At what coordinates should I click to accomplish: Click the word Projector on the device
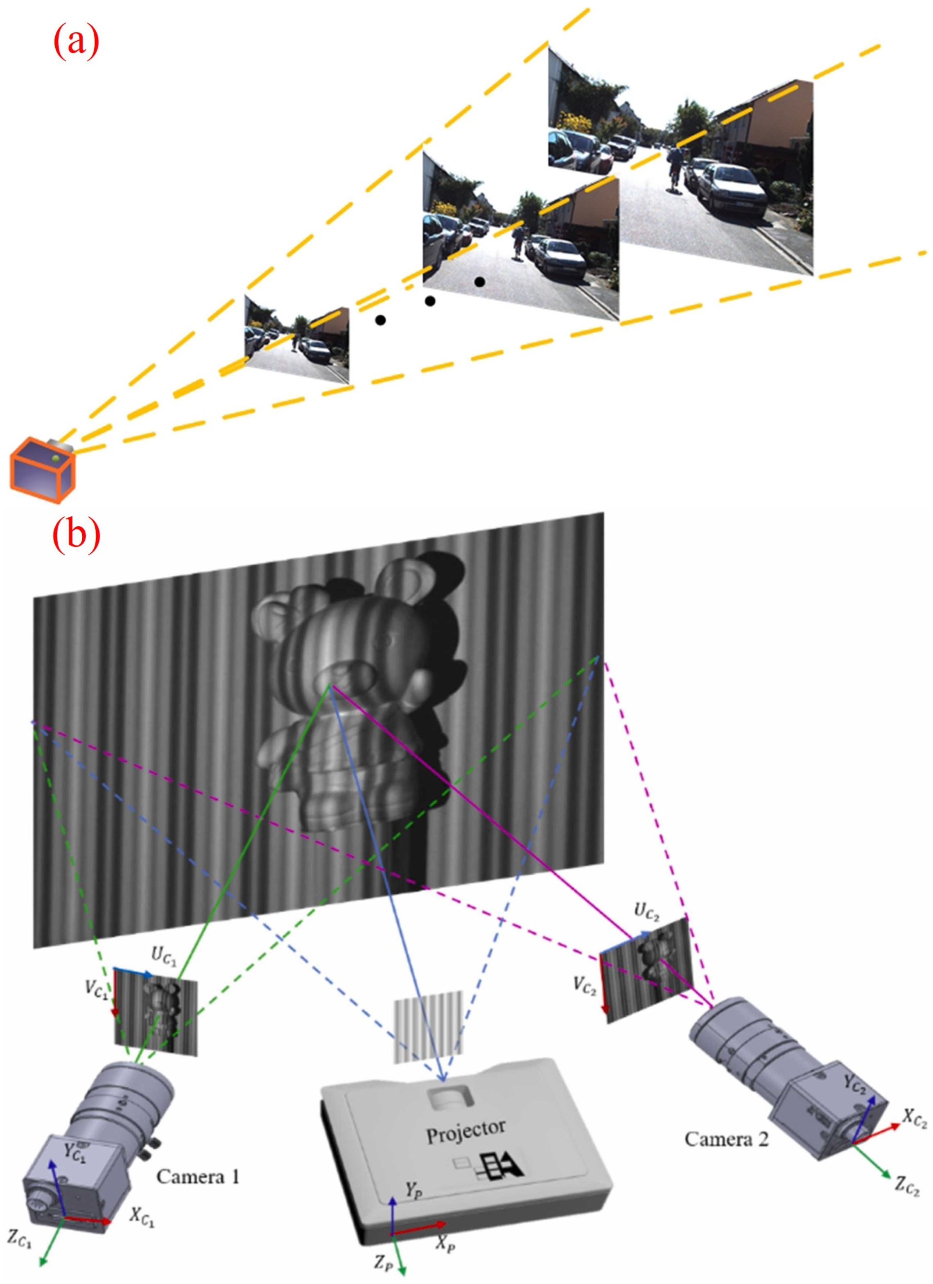pyautogui.click(x=465, y=1131)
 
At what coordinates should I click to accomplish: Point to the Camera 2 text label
pyautogui.click(x=726, y=1138)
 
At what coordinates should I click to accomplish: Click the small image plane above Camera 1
pyautogui.click(x=156, y=1011)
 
